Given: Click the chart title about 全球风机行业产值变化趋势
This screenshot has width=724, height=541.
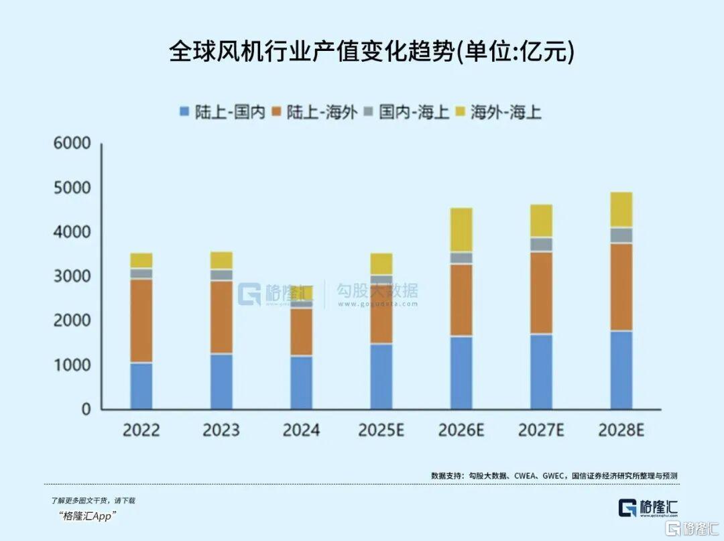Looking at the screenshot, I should tap(371, 52).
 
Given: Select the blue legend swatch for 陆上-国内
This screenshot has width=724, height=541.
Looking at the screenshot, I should tap(184, 112).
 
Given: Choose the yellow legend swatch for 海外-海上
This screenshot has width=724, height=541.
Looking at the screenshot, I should tap(460, 112).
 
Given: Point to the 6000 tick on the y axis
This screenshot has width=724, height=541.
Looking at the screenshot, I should tap(72, 143).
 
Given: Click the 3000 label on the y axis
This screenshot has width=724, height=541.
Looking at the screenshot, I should tap(72, 276).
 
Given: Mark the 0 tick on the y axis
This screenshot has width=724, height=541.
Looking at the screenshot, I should tap(85, 409).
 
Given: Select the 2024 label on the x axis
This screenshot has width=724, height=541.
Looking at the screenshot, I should tap(301, 430).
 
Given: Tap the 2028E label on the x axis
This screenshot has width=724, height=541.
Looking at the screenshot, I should tap(621, 430).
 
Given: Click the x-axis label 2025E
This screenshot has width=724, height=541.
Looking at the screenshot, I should tap(381, 430).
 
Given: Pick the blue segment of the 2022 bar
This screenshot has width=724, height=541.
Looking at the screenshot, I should tap(141, 385).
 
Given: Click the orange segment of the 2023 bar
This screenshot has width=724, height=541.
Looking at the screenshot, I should tap(221, 316).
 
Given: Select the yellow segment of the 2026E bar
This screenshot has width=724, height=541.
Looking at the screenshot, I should tap(461, 229).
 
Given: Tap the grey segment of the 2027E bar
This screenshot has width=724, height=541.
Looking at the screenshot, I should tap(541, 244).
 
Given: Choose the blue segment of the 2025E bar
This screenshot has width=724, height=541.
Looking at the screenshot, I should tap(381, 376).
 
